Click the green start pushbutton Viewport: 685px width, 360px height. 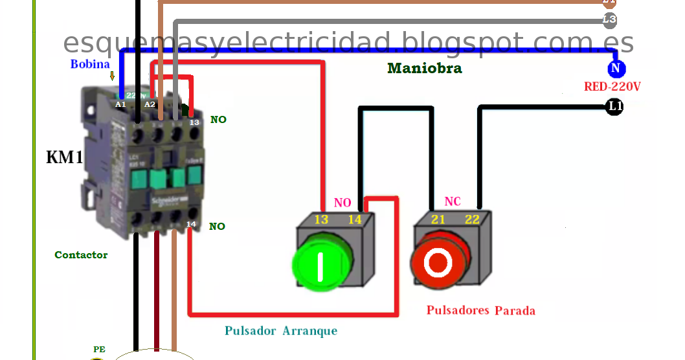coord(321,265)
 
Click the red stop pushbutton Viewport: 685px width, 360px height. coord(439,262)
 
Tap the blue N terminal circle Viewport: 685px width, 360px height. coord(615,69)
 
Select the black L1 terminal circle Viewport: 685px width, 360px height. coord(614,107)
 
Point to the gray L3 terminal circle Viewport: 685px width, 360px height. coord(609,20)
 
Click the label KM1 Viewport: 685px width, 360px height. coord(65,157)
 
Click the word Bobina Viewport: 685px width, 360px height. coord(91,64)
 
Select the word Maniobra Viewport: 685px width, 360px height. coord(425,68)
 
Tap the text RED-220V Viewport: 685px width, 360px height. coord(612,87)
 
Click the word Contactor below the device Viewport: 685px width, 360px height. coord(81,255)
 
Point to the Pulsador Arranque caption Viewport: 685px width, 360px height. coord(281,331)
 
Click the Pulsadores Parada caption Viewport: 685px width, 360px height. coord(480,311)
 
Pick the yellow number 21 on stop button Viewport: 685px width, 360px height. coord(438,219)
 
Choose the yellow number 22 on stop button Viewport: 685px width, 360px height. coord(473,219)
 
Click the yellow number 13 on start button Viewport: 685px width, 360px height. coord(321,219)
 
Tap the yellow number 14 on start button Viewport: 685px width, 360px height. coord(354,219)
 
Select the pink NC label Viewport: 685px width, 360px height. coord(453,201)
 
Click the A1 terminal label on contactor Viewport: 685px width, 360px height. coord(120,104)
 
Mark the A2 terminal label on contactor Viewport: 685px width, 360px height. coord(150,104)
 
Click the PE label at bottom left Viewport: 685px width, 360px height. coord(98,349)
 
